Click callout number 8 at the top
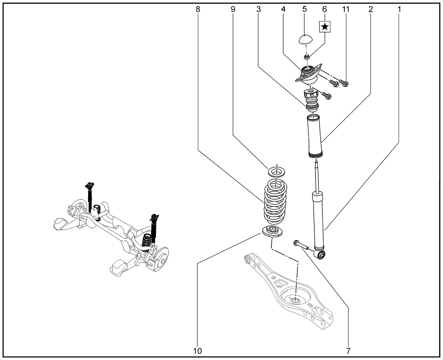198,9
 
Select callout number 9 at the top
233,9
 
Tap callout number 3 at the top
259,9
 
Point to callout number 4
283,9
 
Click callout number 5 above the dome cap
305,9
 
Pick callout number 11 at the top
346,9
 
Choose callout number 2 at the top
371,9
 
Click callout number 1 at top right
399,9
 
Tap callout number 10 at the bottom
197,351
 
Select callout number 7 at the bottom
349,351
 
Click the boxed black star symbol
325,27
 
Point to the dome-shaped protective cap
305,39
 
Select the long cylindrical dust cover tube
315,136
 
